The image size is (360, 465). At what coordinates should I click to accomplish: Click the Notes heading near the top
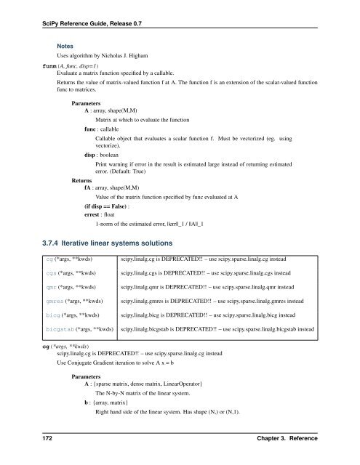click(x=68, y=44)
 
